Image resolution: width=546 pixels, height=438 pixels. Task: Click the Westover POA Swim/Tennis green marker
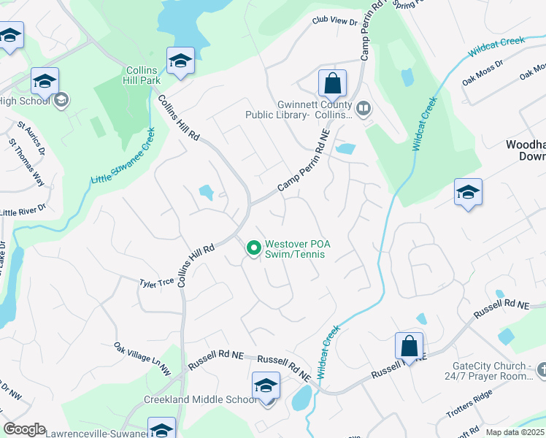tap(253, 249)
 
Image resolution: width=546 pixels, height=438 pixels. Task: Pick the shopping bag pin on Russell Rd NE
tap(409, 347)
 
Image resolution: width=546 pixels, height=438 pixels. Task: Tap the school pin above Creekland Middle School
tap(266, 385)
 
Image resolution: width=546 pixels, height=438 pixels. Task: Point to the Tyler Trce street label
tap(157, 281)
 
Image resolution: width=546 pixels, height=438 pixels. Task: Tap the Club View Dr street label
tap(335, 22)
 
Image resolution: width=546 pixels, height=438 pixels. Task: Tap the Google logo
tap(24, 429)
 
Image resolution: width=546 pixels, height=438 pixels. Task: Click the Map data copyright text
tap(515, 432)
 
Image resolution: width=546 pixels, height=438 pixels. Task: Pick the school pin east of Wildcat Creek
tap(467, 193)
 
